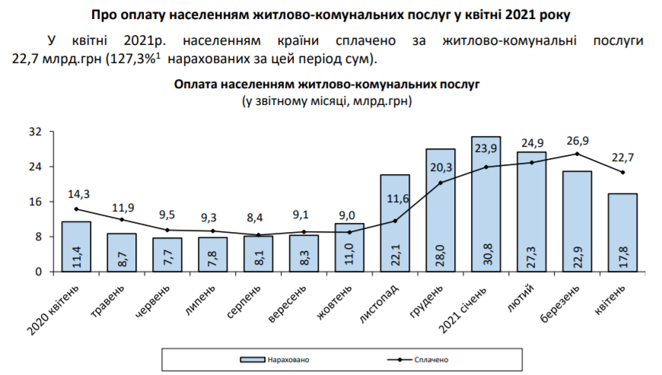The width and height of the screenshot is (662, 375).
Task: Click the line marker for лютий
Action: click(532, 162)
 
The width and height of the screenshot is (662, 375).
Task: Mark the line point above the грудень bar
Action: click(441, 183)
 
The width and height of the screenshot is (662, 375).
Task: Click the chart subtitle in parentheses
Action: click(326, 100)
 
